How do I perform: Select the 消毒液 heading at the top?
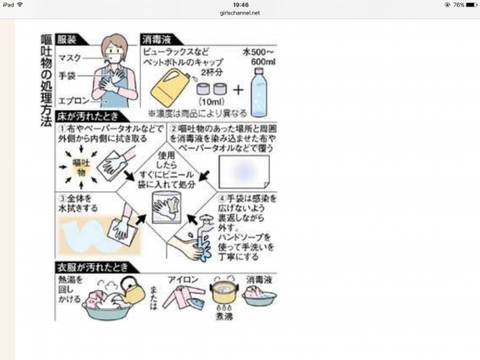pos(157,37)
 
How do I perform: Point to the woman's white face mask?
pos(114,57)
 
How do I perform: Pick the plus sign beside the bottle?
pos(237,89)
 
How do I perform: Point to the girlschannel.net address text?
pos(239,13)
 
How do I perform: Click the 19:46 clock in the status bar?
pos(239,4)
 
